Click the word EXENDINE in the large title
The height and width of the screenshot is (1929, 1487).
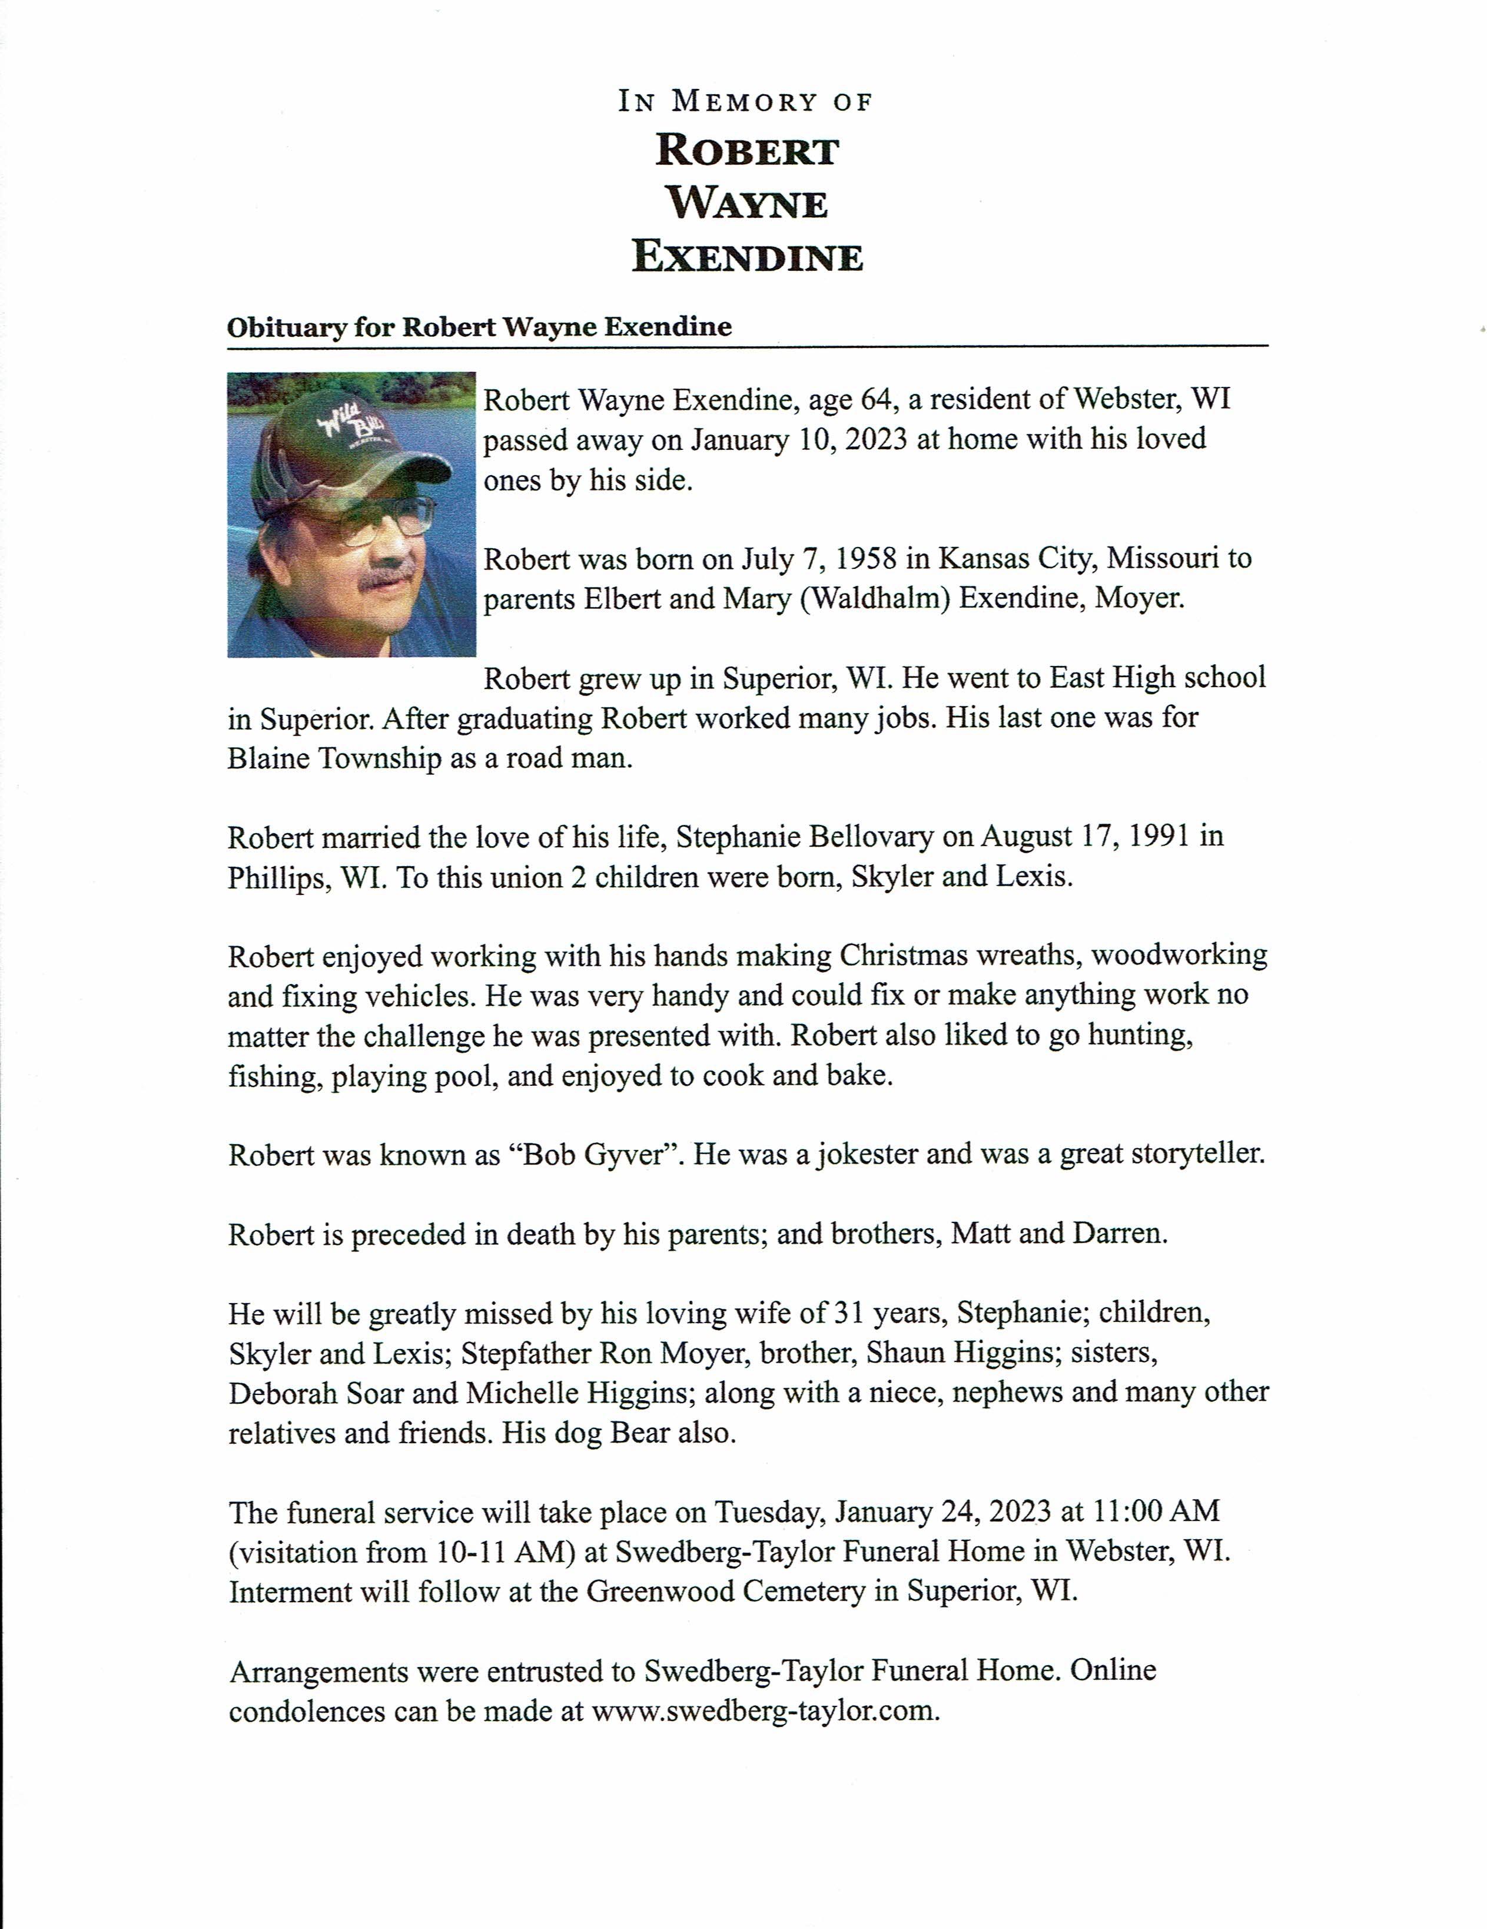click(747, 257)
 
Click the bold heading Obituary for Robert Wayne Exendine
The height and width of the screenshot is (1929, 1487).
click(479, 327)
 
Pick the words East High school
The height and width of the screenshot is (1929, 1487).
click(1157, 677)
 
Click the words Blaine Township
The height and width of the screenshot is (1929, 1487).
click(334, 758)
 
